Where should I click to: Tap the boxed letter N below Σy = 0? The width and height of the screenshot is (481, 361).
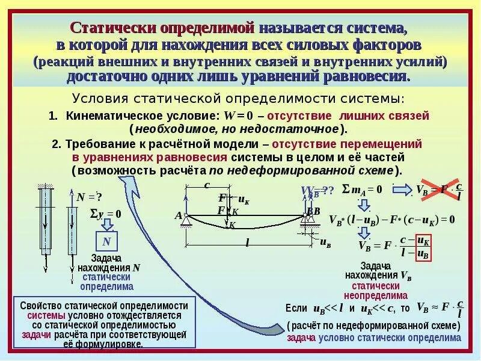pyautogui.click(x=106, y=241)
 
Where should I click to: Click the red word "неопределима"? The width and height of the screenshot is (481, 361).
pyautogui.click(x=376, y=296)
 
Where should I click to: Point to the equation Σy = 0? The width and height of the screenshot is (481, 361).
pyautogui.click(x=105, y=213)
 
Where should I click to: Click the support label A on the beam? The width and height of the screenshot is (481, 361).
pyautogui.click(x=178, y=215)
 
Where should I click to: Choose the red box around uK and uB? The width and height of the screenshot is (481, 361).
pyautogui.click(x=423, y=247)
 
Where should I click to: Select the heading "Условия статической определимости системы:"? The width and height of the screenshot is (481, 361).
pyautogui.click(x=239, y=98)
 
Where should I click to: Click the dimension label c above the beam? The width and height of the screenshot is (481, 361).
pyautogui.click(x=206, y=185)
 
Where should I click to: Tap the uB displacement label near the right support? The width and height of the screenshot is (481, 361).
pyautogui.click(x=325, y=243)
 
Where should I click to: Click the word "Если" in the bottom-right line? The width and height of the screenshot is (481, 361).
pyautogui.click(x=296, y=308)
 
